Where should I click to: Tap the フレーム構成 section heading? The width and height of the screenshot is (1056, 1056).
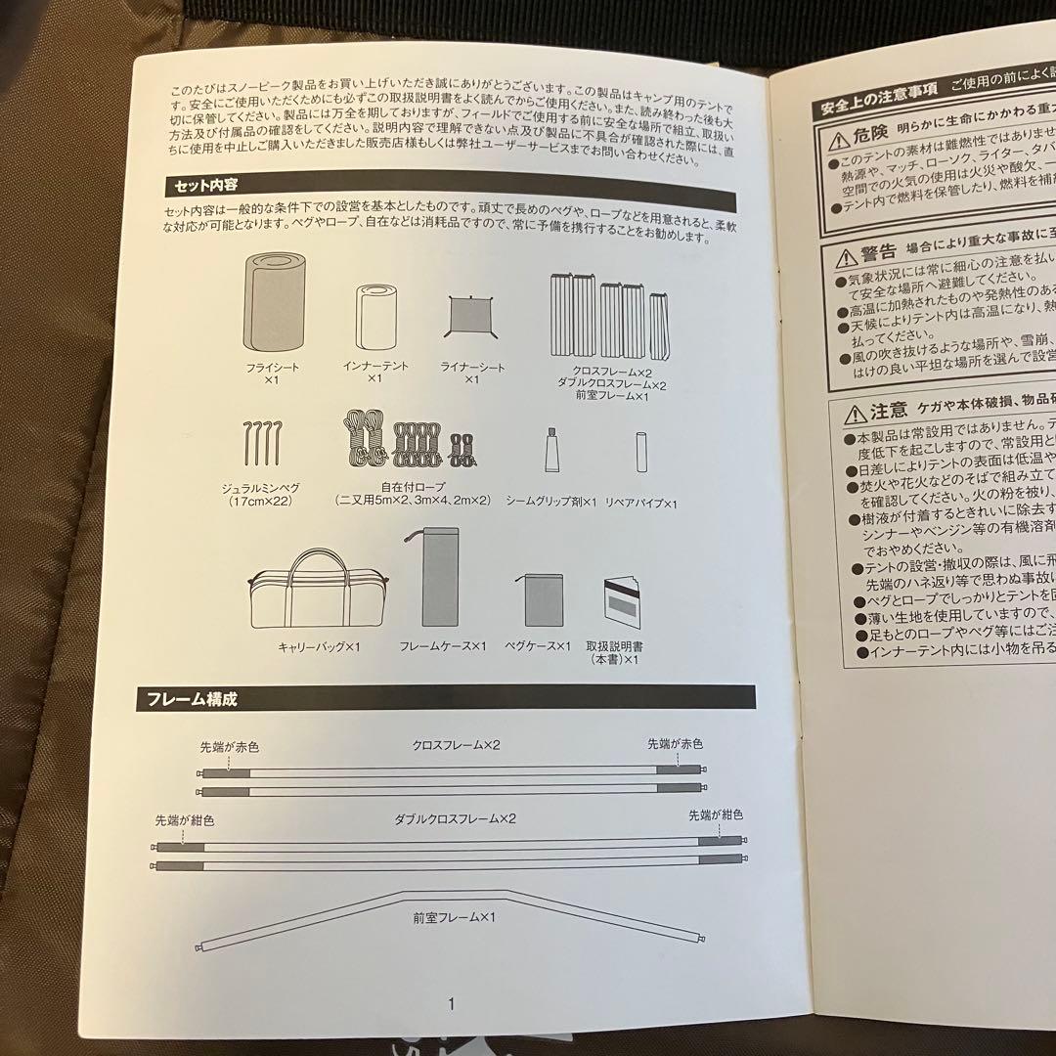coord(192,699)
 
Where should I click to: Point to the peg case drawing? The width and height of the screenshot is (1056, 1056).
coord(543,598)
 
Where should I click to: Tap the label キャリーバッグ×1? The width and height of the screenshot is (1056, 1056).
coord(320,647)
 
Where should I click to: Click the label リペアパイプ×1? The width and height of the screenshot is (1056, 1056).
coord(641,503)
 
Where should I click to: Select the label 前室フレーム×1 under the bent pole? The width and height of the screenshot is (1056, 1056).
coord(456,918)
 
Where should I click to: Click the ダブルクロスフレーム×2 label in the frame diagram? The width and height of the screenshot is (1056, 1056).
coord(456,818)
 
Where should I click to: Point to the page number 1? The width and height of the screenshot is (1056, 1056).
coord(451,975)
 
